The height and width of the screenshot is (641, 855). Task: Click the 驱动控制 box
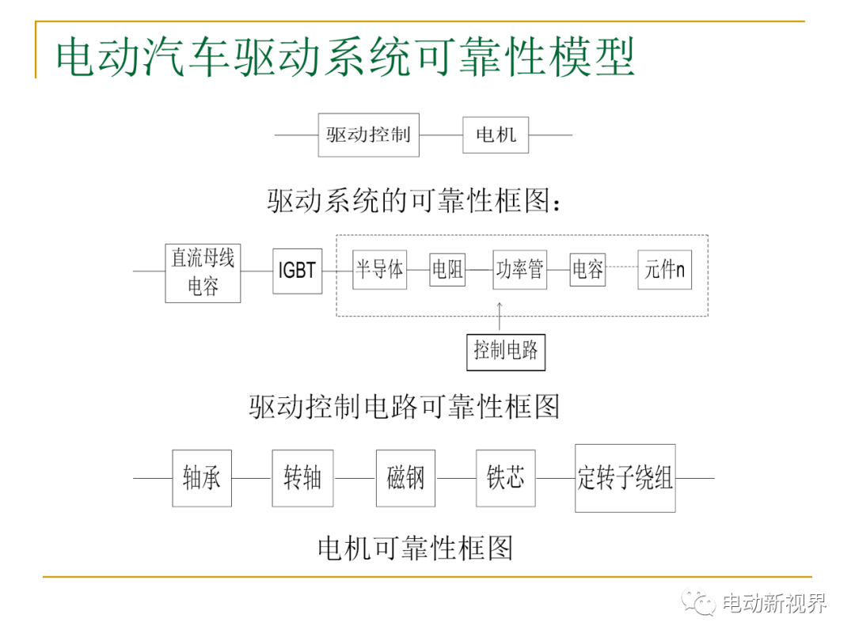(369, 135)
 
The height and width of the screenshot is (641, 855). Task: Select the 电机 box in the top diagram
(496, 135)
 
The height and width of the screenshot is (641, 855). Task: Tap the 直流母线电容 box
(203, 273)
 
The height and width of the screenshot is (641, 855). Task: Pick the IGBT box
(297, 271)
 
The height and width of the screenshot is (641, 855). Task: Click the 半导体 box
(379, 269)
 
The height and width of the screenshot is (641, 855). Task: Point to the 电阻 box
(447, 269)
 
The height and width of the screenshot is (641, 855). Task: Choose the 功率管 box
(519, 269)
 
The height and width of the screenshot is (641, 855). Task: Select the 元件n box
(665, 269)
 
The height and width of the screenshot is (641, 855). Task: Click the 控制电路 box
(506, 352)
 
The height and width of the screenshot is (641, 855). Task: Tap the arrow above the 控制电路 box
(500, 316)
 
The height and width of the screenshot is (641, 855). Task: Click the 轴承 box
(202, 478)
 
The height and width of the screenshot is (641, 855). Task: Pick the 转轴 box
(302, 478)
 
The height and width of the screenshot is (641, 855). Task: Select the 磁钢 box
(405, 478)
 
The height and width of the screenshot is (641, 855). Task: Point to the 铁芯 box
(505, 478)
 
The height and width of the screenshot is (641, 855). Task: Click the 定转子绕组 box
(625, 478)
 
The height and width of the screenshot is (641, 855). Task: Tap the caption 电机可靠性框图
(416, 548)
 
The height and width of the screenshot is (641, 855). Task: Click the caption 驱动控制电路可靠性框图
(405, 407)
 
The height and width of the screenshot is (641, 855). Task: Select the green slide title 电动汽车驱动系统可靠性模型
(346, 57)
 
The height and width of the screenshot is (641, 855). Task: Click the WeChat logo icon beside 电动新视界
(698, 602)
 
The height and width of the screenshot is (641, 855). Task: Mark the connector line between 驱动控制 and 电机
(441, 135)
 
